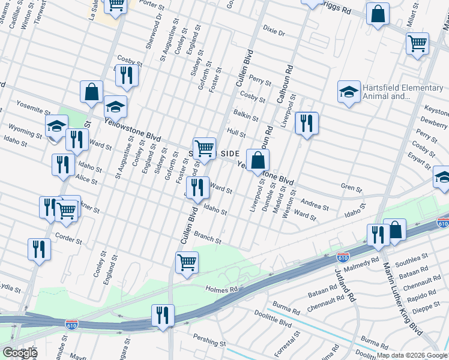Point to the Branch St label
tap(209, 239)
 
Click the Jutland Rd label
tap(346, 287)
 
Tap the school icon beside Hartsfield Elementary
tap(348, 92)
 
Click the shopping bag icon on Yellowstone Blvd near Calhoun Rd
tap(258, 160)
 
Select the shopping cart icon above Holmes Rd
tap(187, 262)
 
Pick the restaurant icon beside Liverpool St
tap(306, 123)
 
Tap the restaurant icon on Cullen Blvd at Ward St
tap(197, 188)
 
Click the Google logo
tap(19, 353)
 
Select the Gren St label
tap(349, 187)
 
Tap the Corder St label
tap(68, 238)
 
